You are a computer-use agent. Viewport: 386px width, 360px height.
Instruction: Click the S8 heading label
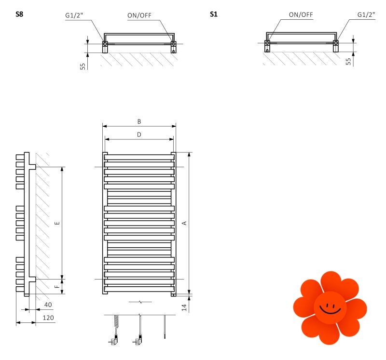[x=19, y=14]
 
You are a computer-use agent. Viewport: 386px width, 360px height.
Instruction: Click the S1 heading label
[x=213, y=14]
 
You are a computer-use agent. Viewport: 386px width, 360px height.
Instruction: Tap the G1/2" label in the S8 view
[x=74, y=16]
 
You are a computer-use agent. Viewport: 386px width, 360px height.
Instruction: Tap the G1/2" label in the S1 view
[x=366, y=15]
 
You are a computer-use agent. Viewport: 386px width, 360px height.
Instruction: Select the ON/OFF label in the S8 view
[x=139, y=15]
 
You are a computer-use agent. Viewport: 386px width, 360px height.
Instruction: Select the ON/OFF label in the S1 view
[x=301, y=15]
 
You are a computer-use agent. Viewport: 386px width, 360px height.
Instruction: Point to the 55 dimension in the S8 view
[x=83, y=66]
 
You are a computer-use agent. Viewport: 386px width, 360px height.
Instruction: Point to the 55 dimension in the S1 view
[x=348, y=62]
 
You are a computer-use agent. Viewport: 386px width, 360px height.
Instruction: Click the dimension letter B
[x=139, y=121]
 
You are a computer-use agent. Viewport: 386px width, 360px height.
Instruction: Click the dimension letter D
[x=139, y=134]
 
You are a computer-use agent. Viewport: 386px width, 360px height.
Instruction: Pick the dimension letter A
[x=184, y=223]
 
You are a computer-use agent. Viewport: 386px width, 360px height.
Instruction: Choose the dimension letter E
[x=57, y=223]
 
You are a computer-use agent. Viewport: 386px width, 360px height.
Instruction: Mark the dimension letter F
[x=57, y=287]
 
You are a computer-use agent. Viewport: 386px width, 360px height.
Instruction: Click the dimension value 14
[x=184, y=307]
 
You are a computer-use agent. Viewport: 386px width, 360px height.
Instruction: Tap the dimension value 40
[x=47, y=305]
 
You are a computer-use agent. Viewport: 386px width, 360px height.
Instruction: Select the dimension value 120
[x=47, y=319]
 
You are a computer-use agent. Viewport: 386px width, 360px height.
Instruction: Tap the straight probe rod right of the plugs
[x=165, y=326]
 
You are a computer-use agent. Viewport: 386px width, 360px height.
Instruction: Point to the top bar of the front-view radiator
[x=139, y=157]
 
